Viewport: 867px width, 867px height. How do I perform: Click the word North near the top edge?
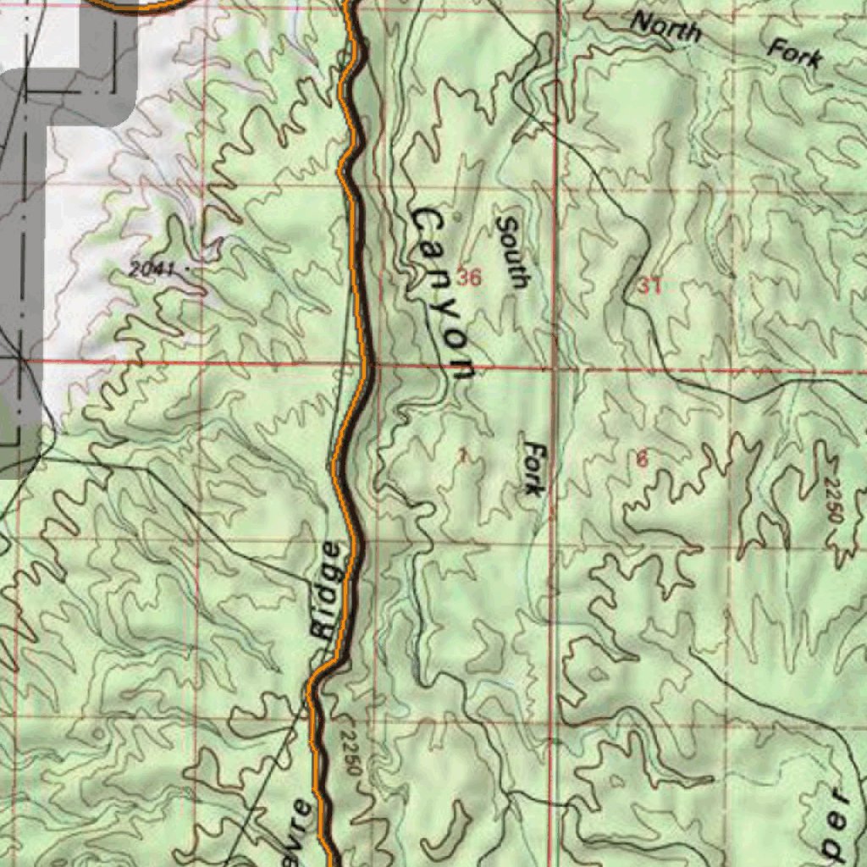pos(667,27)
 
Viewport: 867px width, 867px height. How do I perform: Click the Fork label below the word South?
pos(534,467)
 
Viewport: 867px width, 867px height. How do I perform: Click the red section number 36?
pos(469,276)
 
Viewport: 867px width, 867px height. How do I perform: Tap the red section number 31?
pos(649,286)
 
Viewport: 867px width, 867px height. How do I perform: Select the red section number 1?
pos(462,456)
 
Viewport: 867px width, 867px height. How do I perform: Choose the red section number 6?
pos(642,460)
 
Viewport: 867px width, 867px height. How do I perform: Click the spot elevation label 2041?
pos(152,270)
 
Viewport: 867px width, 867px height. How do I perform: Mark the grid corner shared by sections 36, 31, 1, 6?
pos(555,369)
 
